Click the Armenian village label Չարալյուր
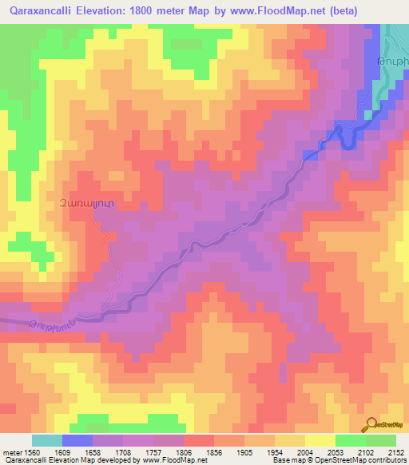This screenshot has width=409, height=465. point(80,205)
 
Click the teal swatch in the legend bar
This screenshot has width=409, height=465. point(47,440)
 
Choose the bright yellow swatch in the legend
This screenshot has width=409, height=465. point(320,440)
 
